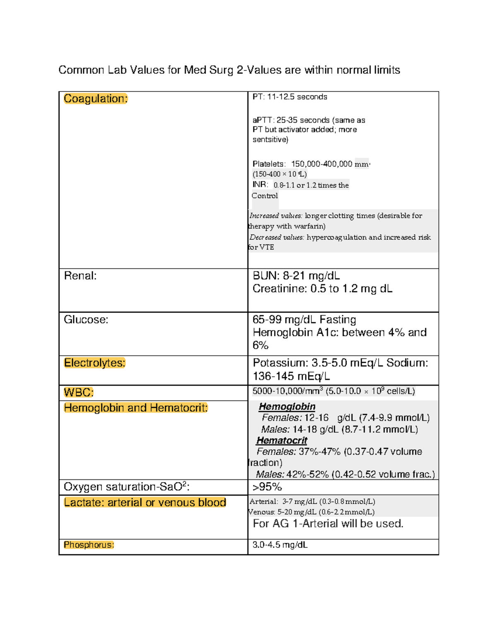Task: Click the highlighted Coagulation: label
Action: click(x=96, y=99)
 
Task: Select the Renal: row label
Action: click(x=80, y=276)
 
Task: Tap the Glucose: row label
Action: click(x=86, y=320)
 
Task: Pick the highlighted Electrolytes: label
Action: click(x=94, y=363)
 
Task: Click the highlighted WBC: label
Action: click(x=79, y=393)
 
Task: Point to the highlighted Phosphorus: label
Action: click(x=89, y=545)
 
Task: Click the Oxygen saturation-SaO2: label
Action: click(x=126, y=487)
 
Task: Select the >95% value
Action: click(x=267, y=487)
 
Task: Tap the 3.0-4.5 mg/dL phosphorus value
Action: click(x=280, y=545)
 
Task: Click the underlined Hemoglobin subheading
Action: click(x=287, y=407)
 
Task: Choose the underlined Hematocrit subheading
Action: click(x=282, y=441)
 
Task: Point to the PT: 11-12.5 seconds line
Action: click(x=290, y=97)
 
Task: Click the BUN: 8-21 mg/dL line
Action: click(x=296, y=276)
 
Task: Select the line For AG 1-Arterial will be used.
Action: click(x=328, y=524)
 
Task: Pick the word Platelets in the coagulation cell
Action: click(x=268, y=164)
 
